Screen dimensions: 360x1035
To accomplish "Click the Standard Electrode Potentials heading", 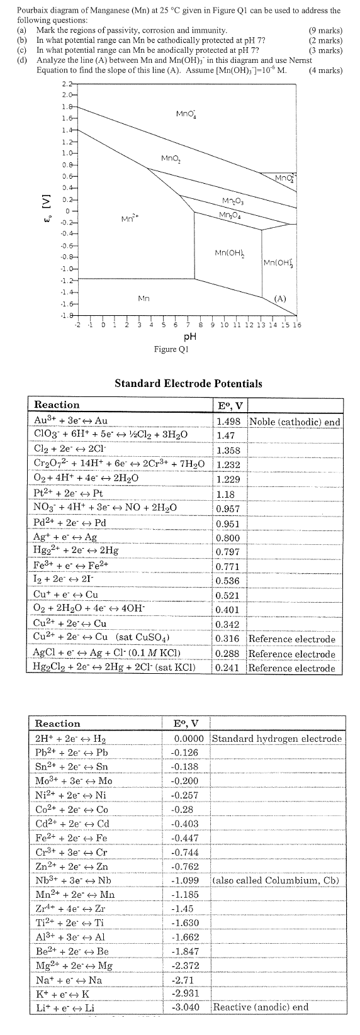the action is (188, 383).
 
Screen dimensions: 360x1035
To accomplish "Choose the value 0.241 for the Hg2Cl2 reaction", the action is (227, 668).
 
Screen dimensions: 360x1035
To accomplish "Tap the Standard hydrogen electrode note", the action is (277, 738).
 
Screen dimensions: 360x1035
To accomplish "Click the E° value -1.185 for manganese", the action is (185, 893).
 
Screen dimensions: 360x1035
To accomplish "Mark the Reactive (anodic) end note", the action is (261, 1007).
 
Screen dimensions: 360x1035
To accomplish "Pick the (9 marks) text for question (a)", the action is (326, 30).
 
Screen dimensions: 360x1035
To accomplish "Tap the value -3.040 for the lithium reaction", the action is (185, 1007).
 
